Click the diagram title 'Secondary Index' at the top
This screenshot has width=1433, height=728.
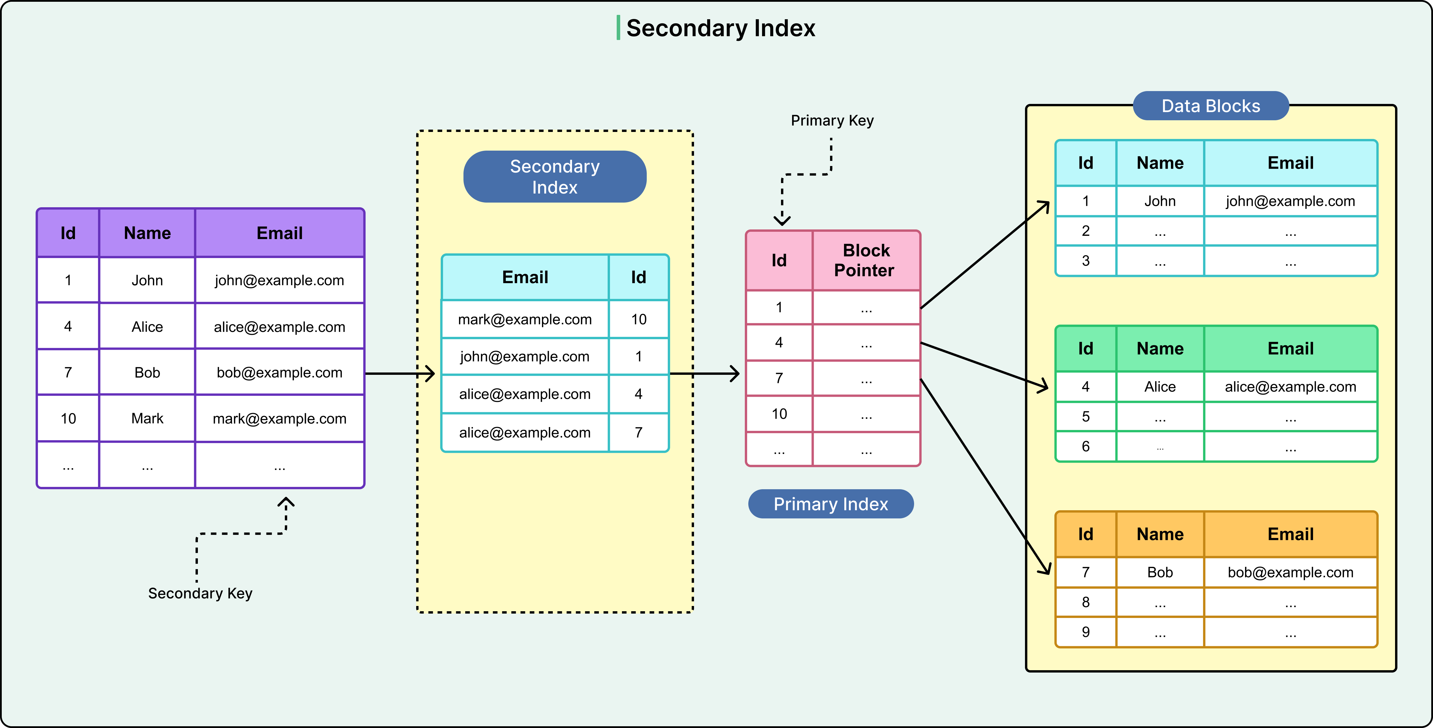(x=720, y=28)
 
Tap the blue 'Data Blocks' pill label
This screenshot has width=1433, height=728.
(x=1211, y=106)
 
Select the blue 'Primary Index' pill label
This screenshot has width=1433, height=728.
(x=831, y=504)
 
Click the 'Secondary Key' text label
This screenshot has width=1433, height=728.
(x=200, y=593)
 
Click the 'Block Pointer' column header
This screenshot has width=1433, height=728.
(x=866, y=260)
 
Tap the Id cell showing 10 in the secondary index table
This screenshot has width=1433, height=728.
(x=639, y=319)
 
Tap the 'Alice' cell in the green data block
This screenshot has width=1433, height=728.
(x=1160, y=387)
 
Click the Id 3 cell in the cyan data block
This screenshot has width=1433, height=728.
(x=1085, y=260)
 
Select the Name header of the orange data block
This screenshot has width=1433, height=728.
(x=1160, y=534)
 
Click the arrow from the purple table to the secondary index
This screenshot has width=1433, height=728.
(x=400, y=373)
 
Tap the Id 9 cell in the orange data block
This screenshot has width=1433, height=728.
(x=1085, y=632)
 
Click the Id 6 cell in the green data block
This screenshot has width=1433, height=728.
(x=1085, y=446)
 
